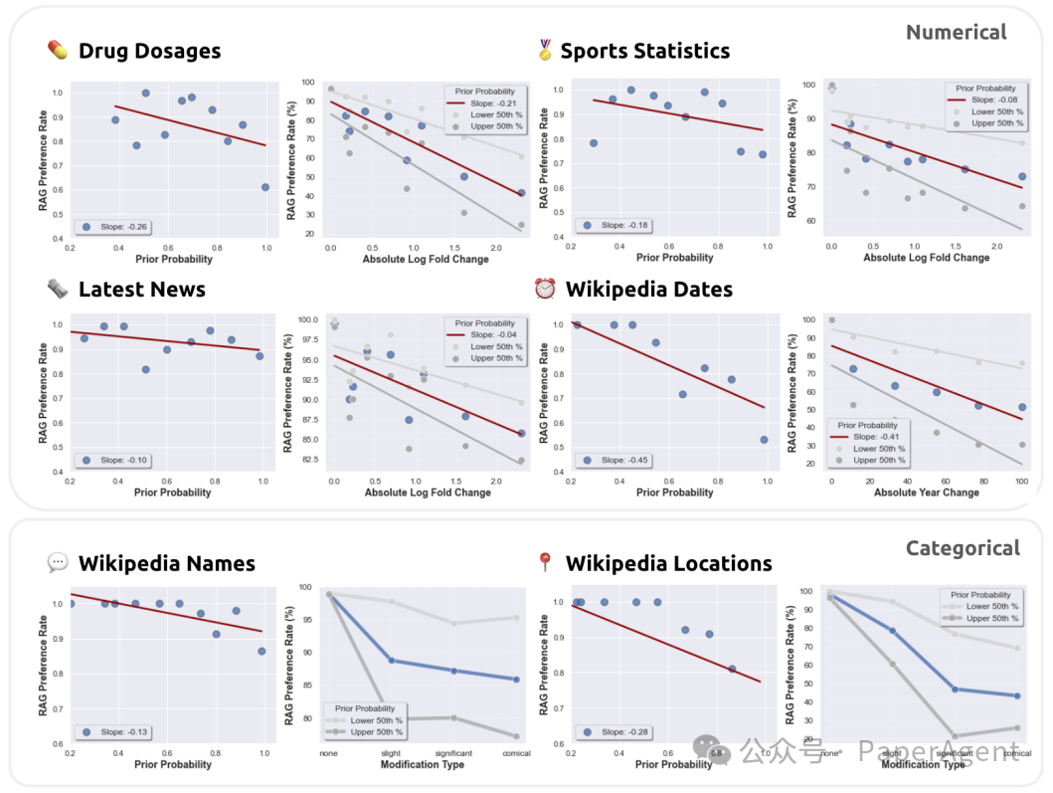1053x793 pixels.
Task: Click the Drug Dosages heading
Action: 149,52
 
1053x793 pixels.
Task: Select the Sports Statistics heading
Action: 644,52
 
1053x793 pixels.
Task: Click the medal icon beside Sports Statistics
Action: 545,50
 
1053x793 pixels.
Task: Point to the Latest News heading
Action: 141,290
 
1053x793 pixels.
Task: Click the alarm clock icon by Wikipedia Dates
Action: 545,289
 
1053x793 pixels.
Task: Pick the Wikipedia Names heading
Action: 166,564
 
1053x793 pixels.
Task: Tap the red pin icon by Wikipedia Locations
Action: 544,563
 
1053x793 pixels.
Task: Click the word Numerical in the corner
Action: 956,33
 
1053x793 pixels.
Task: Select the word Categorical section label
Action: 963,548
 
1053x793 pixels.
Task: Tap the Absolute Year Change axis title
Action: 926,492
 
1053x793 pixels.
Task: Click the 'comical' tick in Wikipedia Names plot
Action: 515,753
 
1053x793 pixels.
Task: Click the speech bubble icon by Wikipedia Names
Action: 58,563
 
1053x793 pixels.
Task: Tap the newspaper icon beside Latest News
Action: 58,289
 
